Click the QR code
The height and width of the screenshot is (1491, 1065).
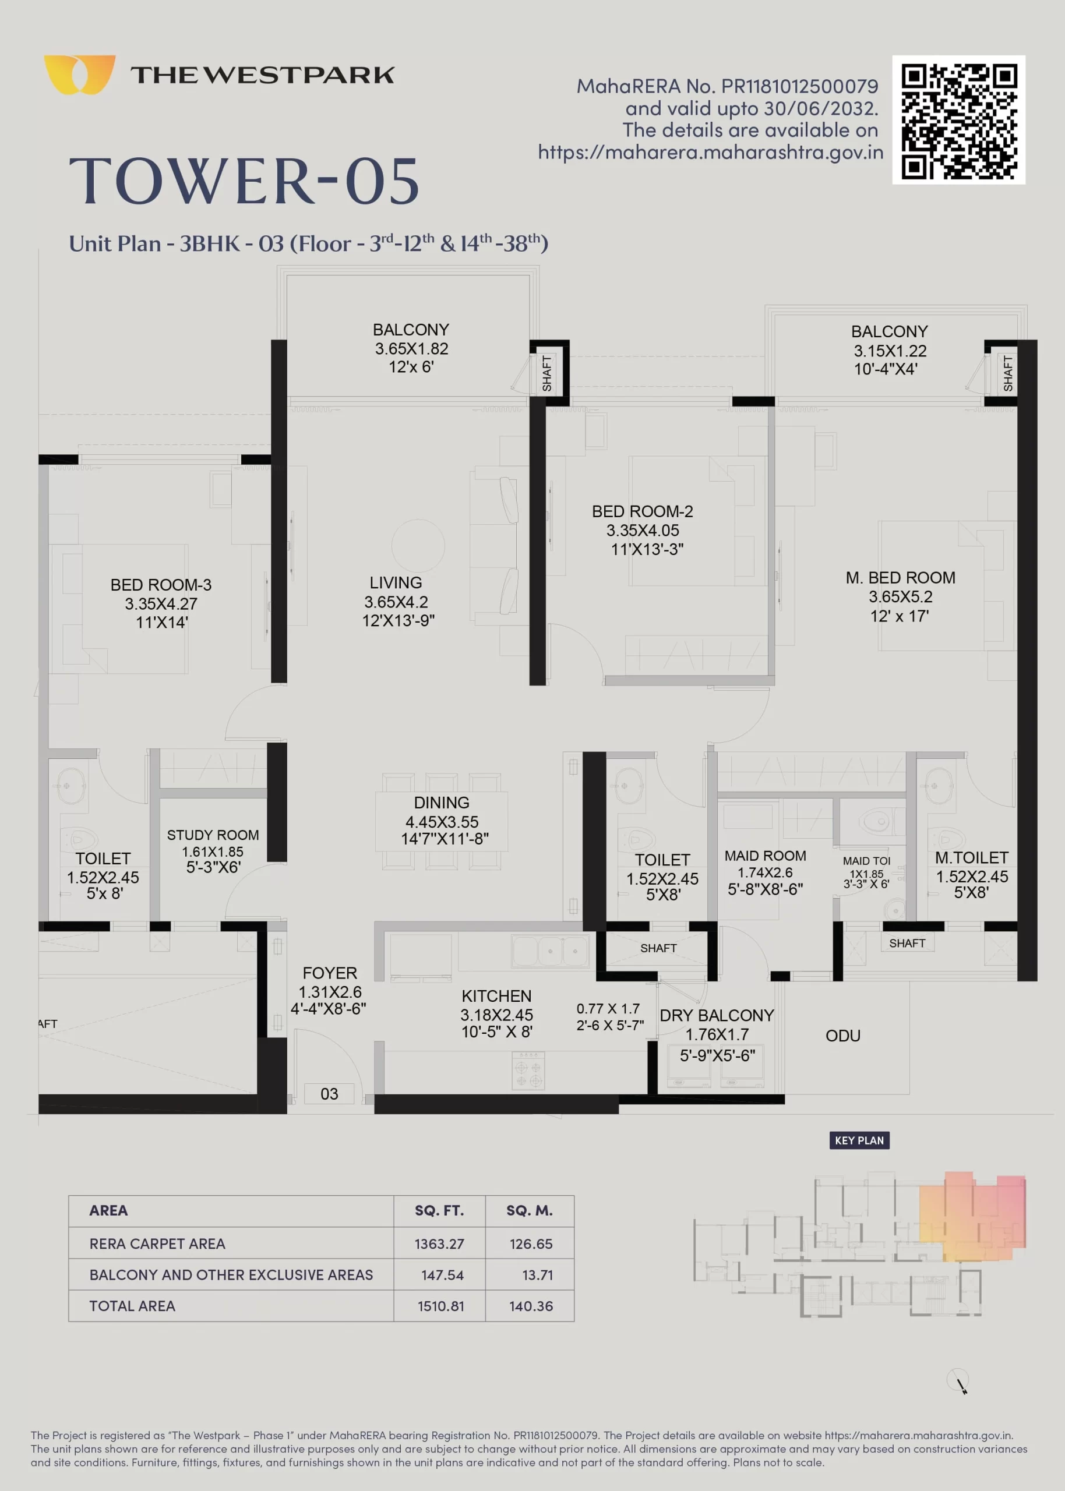pos(958,119)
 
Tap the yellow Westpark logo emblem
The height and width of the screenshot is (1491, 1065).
pos(79,75)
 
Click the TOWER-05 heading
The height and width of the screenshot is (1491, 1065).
pos(244,181)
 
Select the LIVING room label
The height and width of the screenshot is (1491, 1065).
pos(396,582)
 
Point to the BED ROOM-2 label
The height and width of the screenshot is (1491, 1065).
pos(642,511)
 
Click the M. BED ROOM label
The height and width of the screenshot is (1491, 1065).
pos(900,577)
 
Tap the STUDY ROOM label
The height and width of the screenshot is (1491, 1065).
pos(213,835)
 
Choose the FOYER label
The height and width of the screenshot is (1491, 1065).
pos(329,973)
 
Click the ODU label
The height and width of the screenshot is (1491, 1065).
pos(842,1036)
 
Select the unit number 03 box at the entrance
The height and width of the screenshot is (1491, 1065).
pos(329,1093)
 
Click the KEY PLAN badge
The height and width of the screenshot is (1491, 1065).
pos(859,1140)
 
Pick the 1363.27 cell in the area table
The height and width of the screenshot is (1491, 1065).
pos(439,1243)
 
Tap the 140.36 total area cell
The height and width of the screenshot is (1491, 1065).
pos(531,1306)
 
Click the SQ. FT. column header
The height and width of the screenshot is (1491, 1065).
pos(439,1210)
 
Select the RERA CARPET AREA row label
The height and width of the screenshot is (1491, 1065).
pos(157,1243)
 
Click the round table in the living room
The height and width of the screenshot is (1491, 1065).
pos(418,545)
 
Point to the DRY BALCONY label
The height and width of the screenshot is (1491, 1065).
pos(717,1015)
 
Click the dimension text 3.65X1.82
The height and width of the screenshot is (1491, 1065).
pos(411,349)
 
